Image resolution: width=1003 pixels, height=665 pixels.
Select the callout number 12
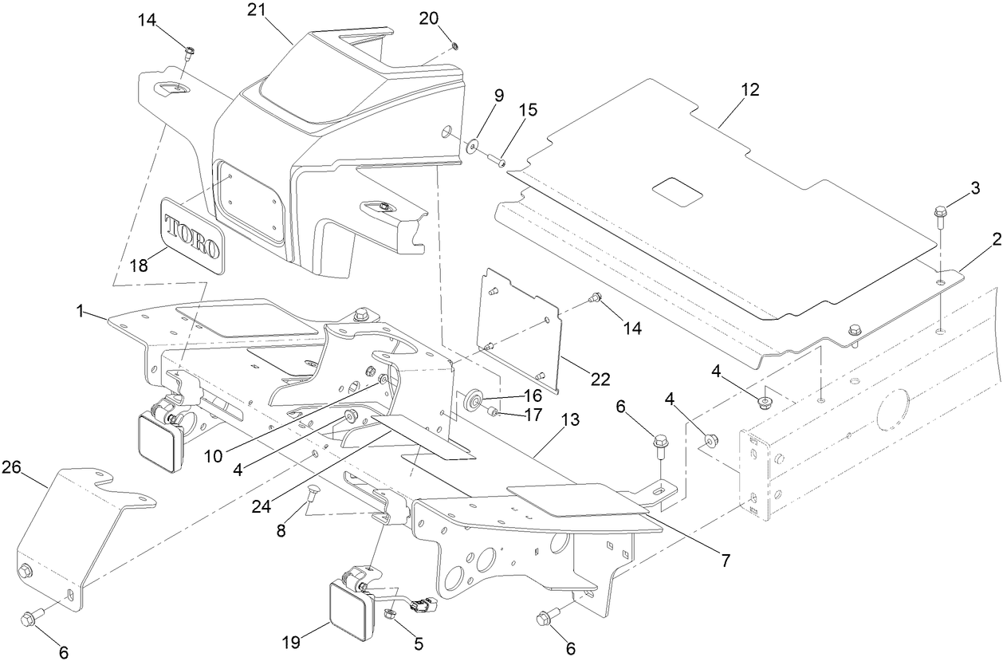tap(749, 91)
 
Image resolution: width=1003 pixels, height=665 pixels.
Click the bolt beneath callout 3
tap(941, 214)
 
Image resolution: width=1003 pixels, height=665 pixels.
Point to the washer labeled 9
tap(473, 144)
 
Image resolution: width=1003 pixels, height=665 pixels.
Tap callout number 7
tap(725, 561)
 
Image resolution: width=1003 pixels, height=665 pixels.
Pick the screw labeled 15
tap(501, 162)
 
